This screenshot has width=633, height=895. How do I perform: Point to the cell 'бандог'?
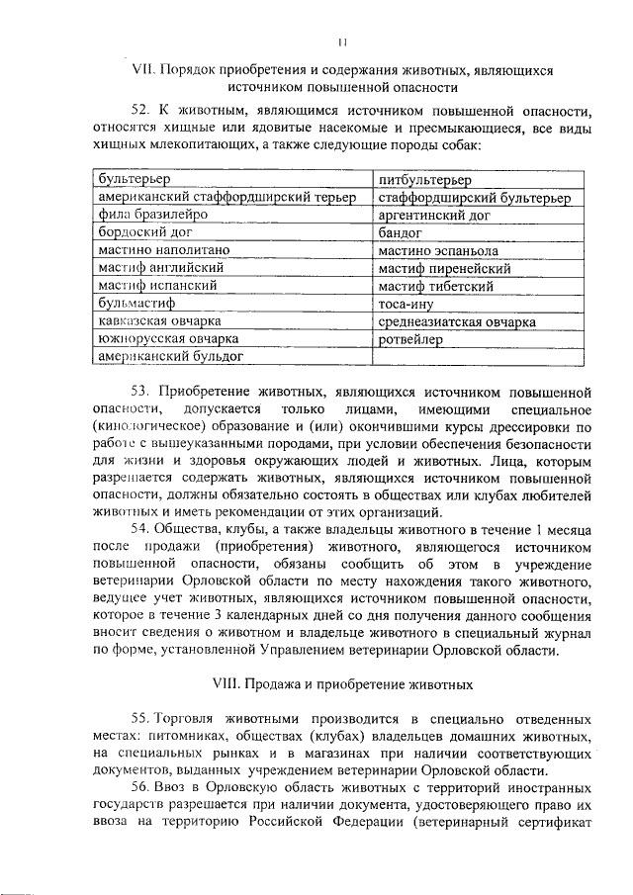tap(402, 233)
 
